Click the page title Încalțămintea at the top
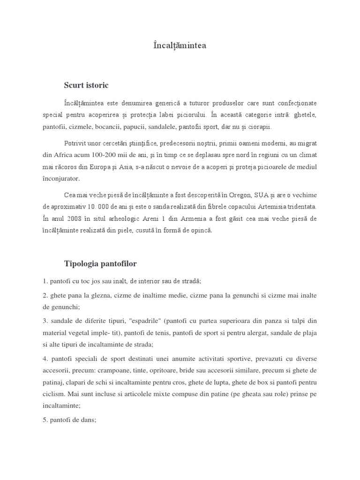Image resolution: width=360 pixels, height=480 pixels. click(180, 45)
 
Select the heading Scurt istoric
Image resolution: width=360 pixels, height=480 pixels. click(86, 85)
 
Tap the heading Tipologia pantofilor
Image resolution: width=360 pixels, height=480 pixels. click(100, 264)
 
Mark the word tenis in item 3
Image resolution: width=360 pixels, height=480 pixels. click(191, 333)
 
